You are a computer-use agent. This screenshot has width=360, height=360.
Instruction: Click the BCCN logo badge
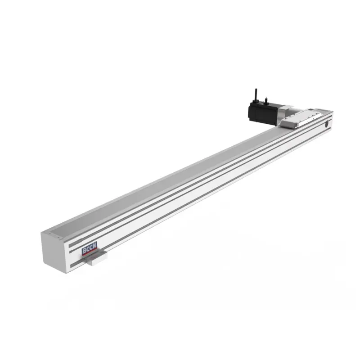pyautogui.click(x=90, y=248)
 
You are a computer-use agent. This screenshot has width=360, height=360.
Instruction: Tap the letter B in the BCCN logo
pyautogui.click(x=84, y=251)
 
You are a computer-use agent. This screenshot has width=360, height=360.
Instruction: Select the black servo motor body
pyautogui.click(x=264, y=114)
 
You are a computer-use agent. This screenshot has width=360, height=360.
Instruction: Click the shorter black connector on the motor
pyautogui.click(x=266, y=100)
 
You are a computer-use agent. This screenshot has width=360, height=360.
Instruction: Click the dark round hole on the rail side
pyautogui.click(x=327, y=125)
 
